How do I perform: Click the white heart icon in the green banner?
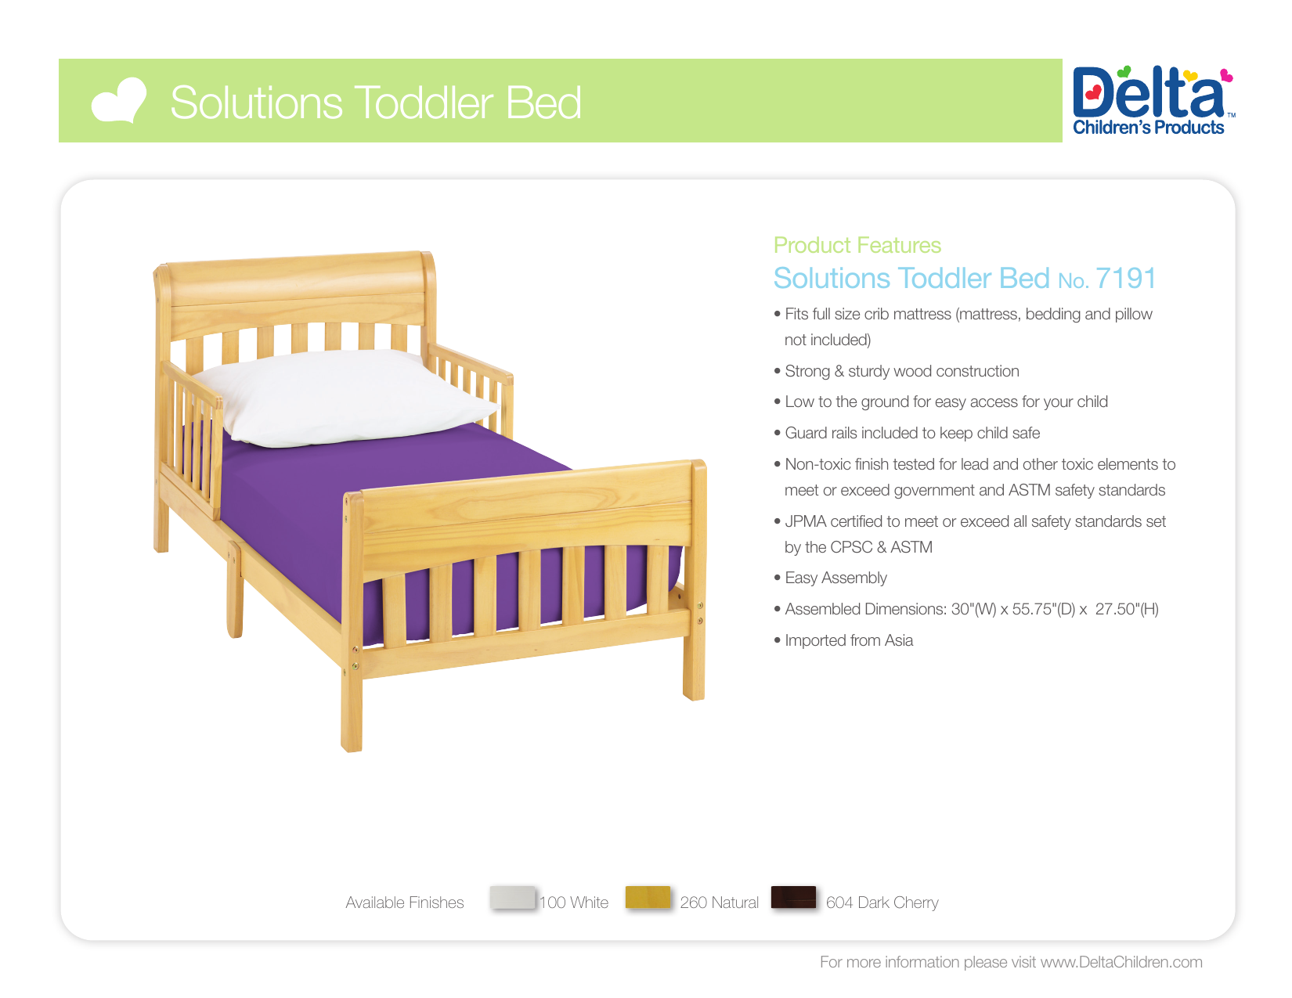click(x=118, y=102)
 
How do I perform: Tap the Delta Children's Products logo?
click(x=1150, y=101)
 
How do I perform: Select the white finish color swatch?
click(x=513, y=898)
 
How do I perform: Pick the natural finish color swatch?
click(x=648, y=898)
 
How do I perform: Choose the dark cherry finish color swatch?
click(x=793, y=898)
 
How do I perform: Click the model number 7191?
click(x=1125, y=279)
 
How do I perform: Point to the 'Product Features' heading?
click(x=857, y=246)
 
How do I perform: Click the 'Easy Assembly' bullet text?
click(x=835, y=578)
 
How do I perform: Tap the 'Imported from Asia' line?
click(x=849, y=641)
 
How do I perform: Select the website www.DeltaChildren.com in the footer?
click(x=1121, y=963)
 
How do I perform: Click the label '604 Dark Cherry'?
click(x=882, y=903)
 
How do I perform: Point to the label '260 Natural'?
click(x=719, y=903)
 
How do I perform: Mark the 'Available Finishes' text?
click(x=404, y=903)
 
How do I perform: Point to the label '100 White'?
click(x=574, y=903)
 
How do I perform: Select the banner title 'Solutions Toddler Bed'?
click(x=376, y=103)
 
